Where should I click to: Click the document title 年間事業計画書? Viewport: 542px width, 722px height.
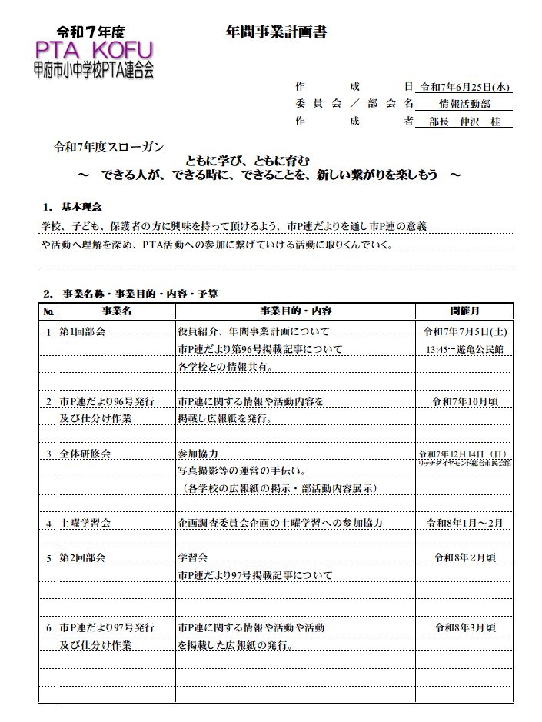point(271,32)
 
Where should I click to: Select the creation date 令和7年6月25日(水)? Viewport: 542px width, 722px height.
point(464,87)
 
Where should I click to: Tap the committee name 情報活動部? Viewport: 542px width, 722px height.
point(464,104)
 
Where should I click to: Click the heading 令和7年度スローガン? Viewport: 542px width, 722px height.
point(108,147)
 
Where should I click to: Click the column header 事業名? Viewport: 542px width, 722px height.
point(117,311)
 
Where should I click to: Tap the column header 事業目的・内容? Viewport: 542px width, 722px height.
point(296,311)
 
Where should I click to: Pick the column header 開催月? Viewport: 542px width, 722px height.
point(464,311)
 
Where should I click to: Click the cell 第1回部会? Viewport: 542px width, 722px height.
point(82,332)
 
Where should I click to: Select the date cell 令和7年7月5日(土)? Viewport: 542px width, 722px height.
point(464,332)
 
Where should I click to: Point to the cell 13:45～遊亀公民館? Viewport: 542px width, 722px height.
point(464,349)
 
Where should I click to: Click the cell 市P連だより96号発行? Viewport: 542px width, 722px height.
point(107,401)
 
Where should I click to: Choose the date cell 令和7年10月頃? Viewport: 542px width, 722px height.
point(464,401)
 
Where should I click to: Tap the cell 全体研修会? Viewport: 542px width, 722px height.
point(85,454)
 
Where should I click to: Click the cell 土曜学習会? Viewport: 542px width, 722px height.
point(85,523)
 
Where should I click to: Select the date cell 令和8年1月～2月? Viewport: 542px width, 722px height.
point(464,523)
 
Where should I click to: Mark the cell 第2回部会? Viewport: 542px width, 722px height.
point(82,557)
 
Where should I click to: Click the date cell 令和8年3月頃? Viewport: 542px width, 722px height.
point(464,627)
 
